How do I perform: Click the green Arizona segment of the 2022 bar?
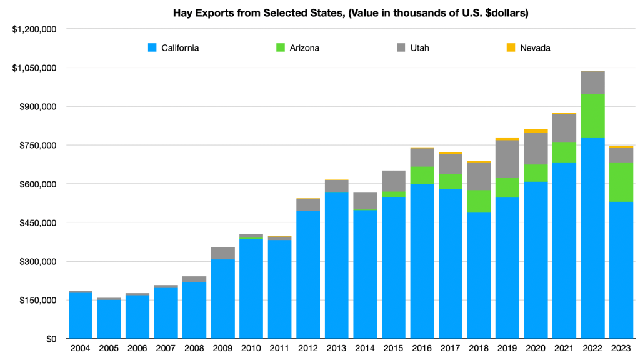coord(592,116)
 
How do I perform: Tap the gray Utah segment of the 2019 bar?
coord(507,159)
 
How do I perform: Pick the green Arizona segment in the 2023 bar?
coord(621,182)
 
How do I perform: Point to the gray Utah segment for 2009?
coord(223,253)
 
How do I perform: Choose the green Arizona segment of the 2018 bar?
coord(479,201)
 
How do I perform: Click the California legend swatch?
coord(152,47)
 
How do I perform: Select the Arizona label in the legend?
coord(302,47)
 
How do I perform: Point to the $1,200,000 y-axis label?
coord(35,29)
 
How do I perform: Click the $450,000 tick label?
coord(38,223)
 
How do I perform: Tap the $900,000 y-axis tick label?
coord(38,107)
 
